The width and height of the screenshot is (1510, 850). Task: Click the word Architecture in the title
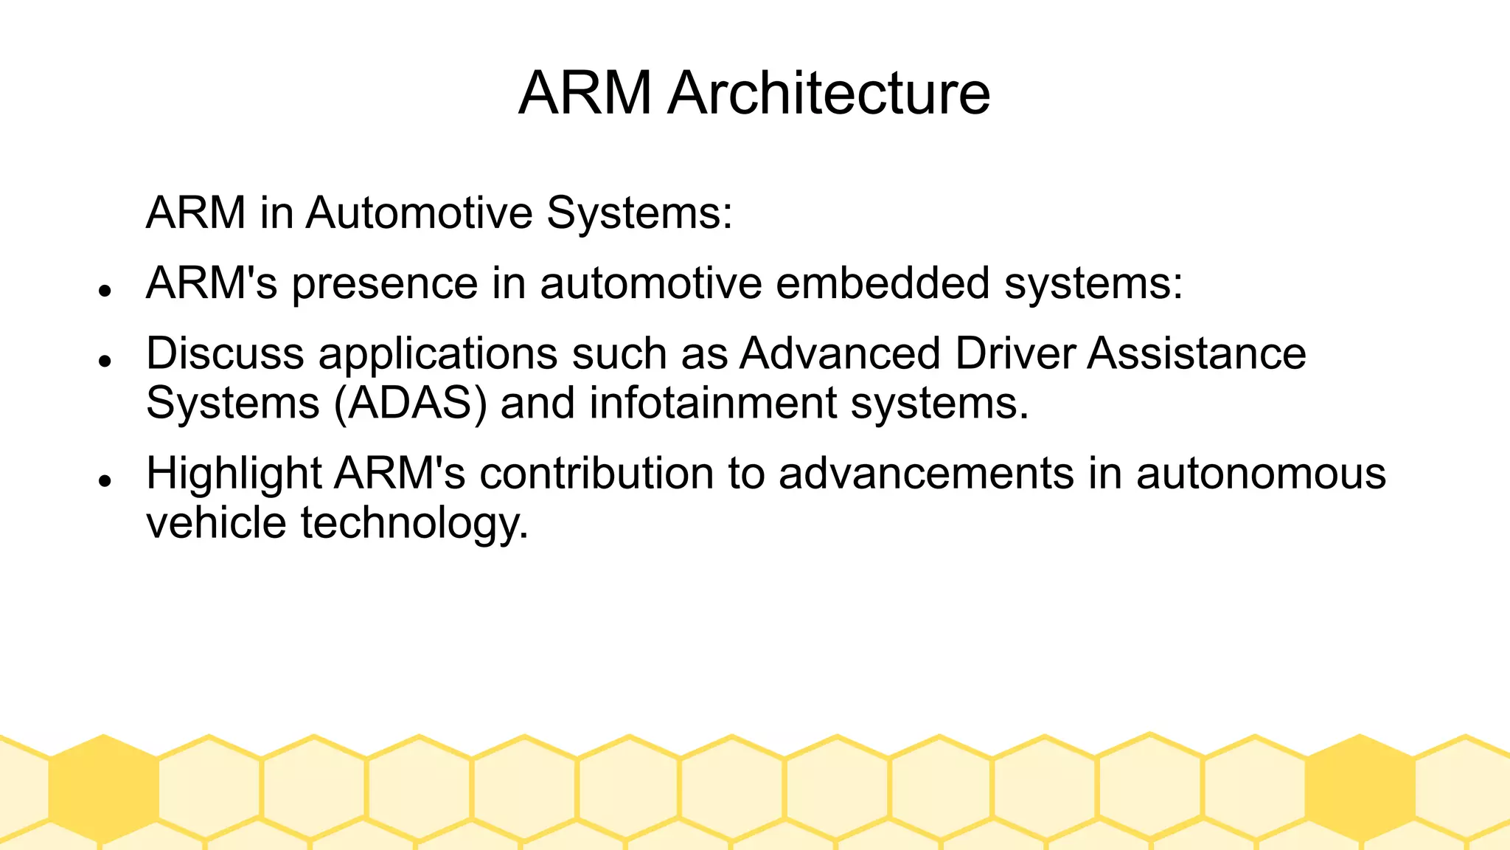click(829, 93)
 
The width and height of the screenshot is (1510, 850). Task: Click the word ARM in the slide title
click(585, 93)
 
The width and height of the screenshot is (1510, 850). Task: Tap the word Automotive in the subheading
click(419, 213)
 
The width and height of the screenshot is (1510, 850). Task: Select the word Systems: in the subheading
click(639, 213)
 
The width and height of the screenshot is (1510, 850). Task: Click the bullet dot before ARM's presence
click(105, 291)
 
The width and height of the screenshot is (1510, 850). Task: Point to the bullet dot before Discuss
click(105, 361)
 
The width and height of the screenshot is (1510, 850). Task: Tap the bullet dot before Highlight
click(105, 480)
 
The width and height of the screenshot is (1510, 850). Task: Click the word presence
click(385, 284)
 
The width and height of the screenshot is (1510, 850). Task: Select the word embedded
click(882, 283)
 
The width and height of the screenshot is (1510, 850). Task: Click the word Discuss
click(225, 353)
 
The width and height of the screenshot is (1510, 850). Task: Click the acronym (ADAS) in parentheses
click(411, 404)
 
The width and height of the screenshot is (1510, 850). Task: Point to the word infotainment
click(713, 404)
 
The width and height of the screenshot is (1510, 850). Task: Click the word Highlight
click(234, 474)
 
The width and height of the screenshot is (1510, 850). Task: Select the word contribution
click(596, 473)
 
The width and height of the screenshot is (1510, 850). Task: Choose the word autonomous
click(1261, 473)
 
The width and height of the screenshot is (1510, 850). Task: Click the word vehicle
click(216, 523)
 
